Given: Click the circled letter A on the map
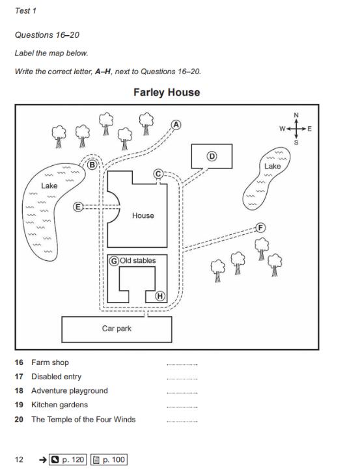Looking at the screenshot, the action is [x=176, y=125].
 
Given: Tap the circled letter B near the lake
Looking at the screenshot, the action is [x=92, y=165].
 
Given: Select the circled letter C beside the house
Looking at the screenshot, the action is [x=158, y=174].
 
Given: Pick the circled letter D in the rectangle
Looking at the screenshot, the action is [x=212, y=156].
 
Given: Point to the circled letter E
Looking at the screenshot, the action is [x=78, y=207].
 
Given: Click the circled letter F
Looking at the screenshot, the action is [x=260, y=228].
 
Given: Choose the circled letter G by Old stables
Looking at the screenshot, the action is [x=114, y=261].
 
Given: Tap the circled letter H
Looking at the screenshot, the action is [x=160, y=296].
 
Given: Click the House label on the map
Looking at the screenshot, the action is [x=143, y=215].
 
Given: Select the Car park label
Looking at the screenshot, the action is [x=117, y=329].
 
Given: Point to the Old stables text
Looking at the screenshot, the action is [x=138, y=260].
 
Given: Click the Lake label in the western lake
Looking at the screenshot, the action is [x=49, y=185].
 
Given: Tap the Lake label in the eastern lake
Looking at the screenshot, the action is [x=272, y=166].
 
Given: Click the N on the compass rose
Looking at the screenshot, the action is [x=296, y=115].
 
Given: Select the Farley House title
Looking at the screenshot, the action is [x=167, y=92].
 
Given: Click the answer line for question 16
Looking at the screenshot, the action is [x=182, y=365].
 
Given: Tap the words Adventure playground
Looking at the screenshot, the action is [x=70, y=390].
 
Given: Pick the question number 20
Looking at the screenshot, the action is [x=19, y=419].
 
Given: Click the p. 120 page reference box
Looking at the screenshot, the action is [x=68, y=459].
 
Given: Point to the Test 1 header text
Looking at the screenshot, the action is [x=26, y=10].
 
